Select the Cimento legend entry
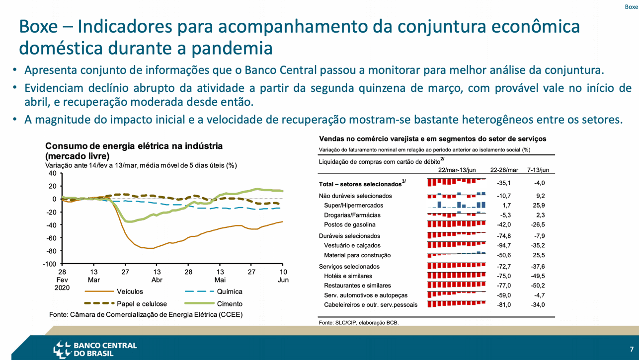213,304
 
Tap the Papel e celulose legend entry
126,304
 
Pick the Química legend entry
213,291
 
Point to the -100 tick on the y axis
49,264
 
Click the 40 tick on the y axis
53,173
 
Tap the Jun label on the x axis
283,280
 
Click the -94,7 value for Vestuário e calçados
504,245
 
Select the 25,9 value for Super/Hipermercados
539,205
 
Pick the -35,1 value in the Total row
504,183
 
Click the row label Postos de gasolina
350,224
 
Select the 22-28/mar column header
504,170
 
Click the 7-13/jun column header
538,170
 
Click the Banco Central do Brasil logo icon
62,349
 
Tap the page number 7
632,349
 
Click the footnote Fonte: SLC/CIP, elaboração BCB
359,323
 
